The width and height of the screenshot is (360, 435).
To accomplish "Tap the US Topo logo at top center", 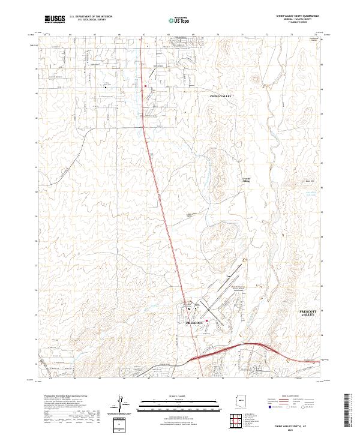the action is tap(180, 19).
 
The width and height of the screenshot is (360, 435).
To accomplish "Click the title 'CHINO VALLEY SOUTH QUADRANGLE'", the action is tap(296, 14).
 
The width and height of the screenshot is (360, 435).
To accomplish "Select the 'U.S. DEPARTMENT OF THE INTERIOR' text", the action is tap(91, 15).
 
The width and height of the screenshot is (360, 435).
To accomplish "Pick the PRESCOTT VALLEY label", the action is tap(311, 314).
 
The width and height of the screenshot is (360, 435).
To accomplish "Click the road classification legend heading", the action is tap(292, 397).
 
